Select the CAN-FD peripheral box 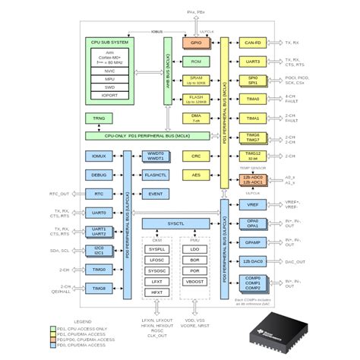point(253,43)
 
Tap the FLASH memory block point(196,99)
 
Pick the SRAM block point(196,80)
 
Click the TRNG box point(99,119)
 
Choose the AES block point(196,175)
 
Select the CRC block point(196,156)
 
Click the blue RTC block point(99,194)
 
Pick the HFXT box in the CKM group point(157,292)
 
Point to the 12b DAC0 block point(253,262)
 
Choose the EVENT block point(156,194)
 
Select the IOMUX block point(99,156)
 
